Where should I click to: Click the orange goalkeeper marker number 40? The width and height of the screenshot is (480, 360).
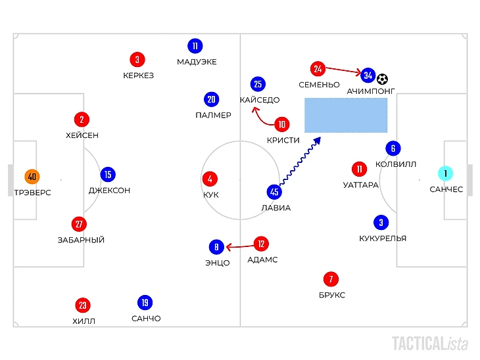32,176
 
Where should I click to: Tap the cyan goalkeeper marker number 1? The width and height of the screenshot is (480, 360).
446,173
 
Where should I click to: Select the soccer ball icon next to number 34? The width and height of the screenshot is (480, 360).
383,78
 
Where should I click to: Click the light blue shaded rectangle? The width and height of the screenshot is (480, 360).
345,115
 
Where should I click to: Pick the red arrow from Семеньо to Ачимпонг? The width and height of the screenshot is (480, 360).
343,70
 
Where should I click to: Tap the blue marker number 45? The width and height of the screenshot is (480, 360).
275,192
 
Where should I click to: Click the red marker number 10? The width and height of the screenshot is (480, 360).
283,124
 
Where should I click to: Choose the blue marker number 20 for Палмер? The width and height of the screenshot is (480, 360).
210,99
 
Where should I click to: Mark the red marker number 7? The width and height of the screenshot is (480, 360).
330,279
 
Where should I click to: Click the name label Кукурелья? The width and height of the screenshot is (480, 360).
383,238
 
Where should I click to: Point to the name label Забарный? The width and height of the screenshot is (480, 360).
81,240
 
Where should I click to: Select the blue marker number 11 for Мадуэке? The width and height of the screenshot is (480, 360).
195,46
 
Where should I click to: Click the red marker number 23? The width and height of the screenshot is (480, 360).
83,305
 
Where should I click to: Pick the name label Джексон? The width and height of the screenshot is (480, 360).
109,191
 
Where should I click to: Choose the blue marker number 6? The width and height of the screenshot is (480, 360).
393,148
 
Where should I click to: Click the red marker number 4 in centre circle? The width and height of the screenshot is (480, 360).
210,179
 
